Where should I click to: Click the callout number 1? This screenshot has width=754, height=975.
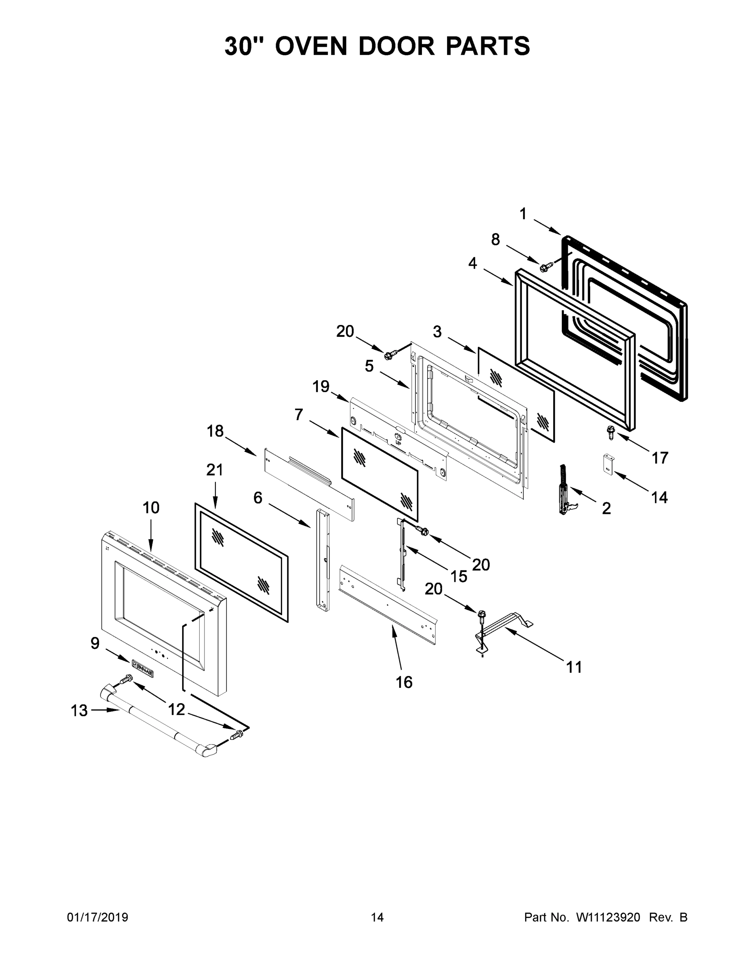pyautogui.click(x=523, y=214)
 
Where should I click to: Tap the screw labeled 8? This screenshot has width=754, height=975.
pyautogui.click(x=545, y=267)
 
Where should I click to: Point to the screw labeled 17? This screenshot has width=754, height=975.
pyautogui.click(x=610, y=432)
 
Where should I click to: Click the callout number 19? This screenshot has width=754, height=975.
pyautogui.click(x=321, y=387)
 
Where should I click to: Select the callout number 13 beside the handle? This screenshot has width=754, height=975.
pyautogui.click(x=80, y=710)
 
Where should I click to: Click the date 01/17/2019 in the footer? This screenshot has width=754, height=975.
pyautogui.click(x=98, y=917)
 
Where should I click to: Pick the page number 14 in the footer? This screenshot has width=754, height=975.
pyautogui.click(x=377, y=917)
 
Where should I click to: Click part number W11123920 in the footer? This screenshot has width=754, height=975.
pyautogui.click(x=608, y=917)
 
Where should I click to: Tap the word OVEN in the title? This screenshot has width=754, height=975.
pyautogui.click(x=311, y=46)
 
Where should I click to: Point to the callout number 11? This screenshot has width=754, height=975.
pyautogui.click(x=574, y=667)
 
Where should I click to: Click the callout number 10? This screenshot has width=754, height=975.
pyautogui.click(x=151, y=507)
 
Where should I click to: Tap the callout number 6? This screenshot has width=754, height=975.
pyautogui.click(x=258, y=497)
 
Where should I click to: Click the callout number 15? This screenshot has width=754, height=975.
pyautogui.click(x=458, y=576)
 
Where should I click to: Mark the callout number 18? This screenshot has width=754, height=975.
pyautogui.click(x=215, y=431)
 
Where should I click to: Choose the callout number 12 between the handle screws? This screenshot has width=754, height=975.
pyautogui.click(x=176, y=709)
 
